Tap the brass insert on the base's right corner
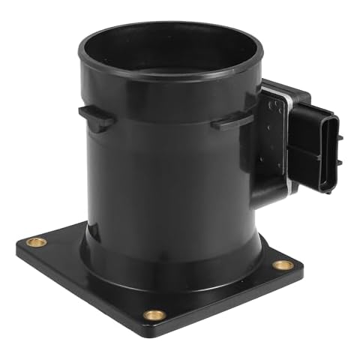[282, 265]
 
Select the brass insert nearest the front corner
[154, 315]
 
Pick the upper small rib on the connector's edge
[340, 137]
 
